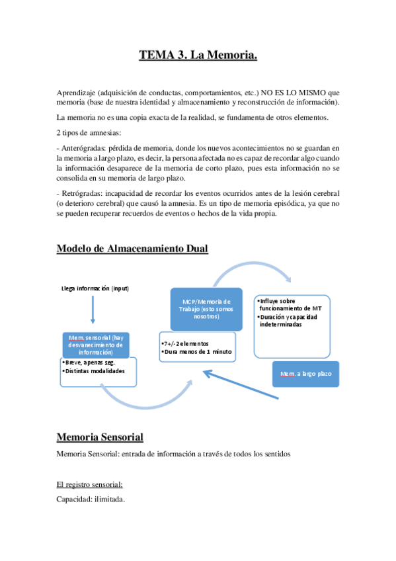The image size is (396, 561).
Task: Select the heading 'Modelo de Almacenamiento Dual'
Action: pyautogui.click(x=132, y=249)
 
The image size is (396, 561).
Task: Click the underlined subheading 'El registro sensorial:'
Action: pyautogui.click(x=89, y=485)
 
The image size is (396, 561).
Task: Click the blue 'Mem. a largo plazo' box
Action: pyautogui.click(x=305, y=374)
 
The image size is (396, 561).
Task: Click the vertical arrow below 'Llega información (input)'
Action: pyautogui.click(x=93, y=310)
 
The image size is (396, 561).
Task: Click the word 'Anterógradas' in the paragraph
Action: pyautogui.click(x=81, y=147)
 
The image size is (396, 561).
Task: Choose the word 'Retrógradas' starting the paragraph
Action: pyautogui.click(x=79, y=193)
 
